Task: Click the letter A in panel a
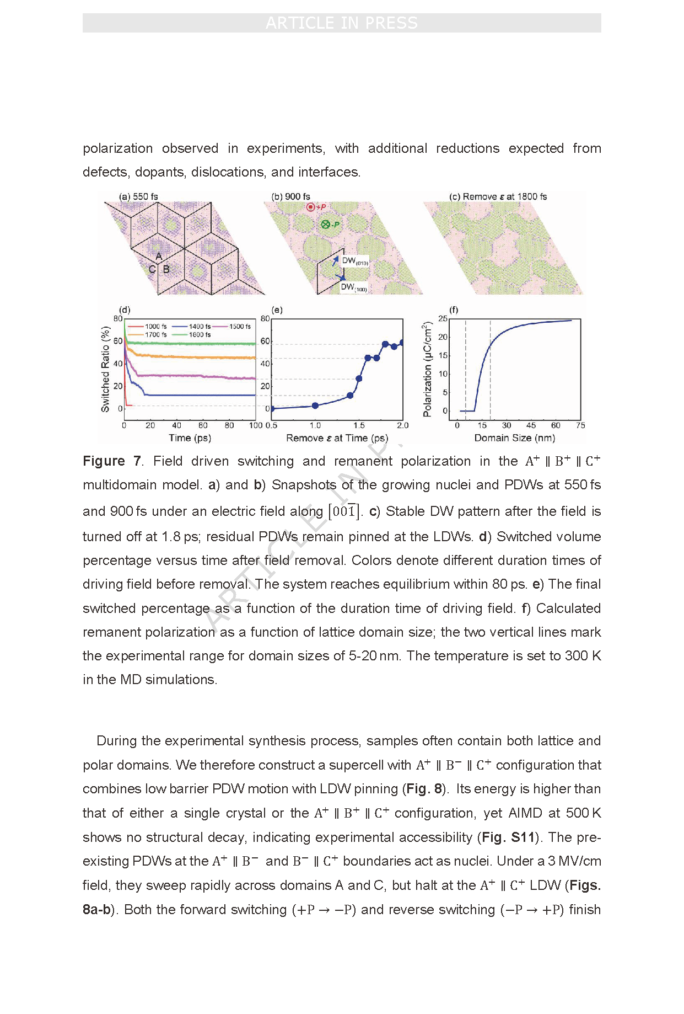click(159, 256)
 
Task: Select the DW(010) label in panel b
click(354, 261)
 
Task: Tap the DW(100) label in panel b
click(353, 287)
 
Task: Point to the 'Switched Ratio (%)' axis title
click(105, 369)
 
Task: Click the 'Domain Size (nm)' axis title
click(514, 438)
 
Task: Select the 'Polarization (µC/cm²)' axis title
click(427, 369)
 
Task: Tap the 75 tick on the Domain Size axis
click(580, 425)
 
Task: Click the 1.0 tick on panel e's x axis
click(315, 425)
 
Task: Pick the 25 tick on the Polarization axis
click(443, 319)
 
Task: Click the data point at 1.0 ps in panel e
click(315, 405)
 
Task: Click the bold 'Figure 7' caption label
click(112, 461)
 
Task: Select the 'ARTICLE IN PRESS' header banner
click(342, 23)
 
